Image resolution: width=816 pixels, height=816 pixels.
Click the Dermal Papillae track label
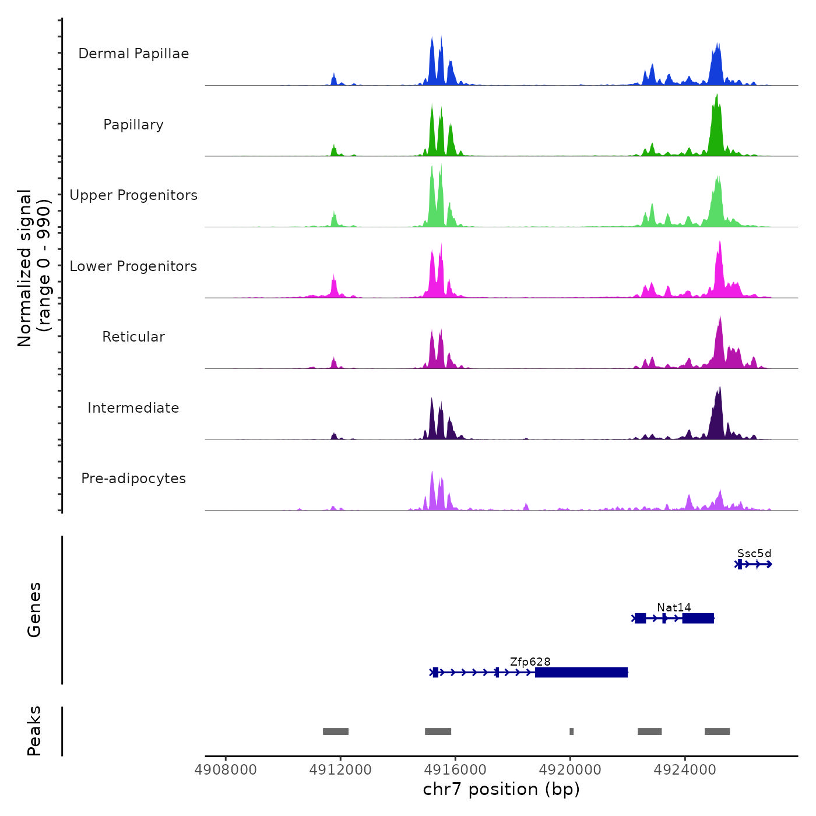[x=133, y=54]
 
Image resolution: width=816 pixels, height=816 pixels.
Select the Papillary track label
[x=133, y=125]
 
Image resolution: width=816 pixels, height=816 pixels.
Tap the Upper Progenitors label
[x=133, y=195]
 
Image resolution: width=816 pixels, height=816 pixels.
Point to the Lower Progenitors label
[x=133, y=266]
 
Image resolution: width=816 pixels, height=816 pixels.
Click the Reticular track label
[x=133, y=337]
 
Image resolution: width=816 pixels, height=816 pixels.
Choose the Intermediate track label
[x=133, y=408]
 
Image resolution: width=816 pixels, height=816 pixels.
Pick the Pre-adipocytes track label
[x=133, y=479]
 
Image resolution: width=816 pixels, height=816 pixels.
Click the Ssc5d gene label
[x=754, y=553]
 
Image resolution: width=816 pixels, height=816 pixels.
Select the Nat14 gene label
[x=674, y=607]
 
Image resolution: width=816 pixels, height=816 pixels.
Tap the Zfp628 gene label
[x=530, y=662]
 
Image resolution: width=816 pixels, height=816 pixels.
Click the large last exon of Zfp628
[x=581, y=673]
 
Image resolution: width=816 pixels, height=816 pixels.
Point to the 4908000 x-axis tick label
[x=226, y=769]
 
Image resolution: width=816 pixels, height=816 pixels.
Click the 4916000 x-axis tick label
[x=455, y=769]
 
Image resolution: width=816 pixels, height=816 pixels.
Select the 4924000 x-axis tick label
[x=685, y=769]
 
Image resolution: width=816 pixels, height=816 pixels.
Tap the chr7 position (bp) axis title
[x=501, y=789]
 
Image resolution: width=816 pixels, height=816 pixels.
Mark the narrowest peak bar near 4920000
[x=572, y=731]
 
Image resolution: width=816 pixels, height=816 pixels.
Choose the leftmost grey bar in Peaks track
[x=336, y=731]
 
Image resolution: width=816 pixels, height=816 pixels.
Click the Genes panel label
[x=34, y=610]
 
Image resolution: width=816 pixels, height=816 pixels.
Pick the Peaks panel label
[x=34, y=731]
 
